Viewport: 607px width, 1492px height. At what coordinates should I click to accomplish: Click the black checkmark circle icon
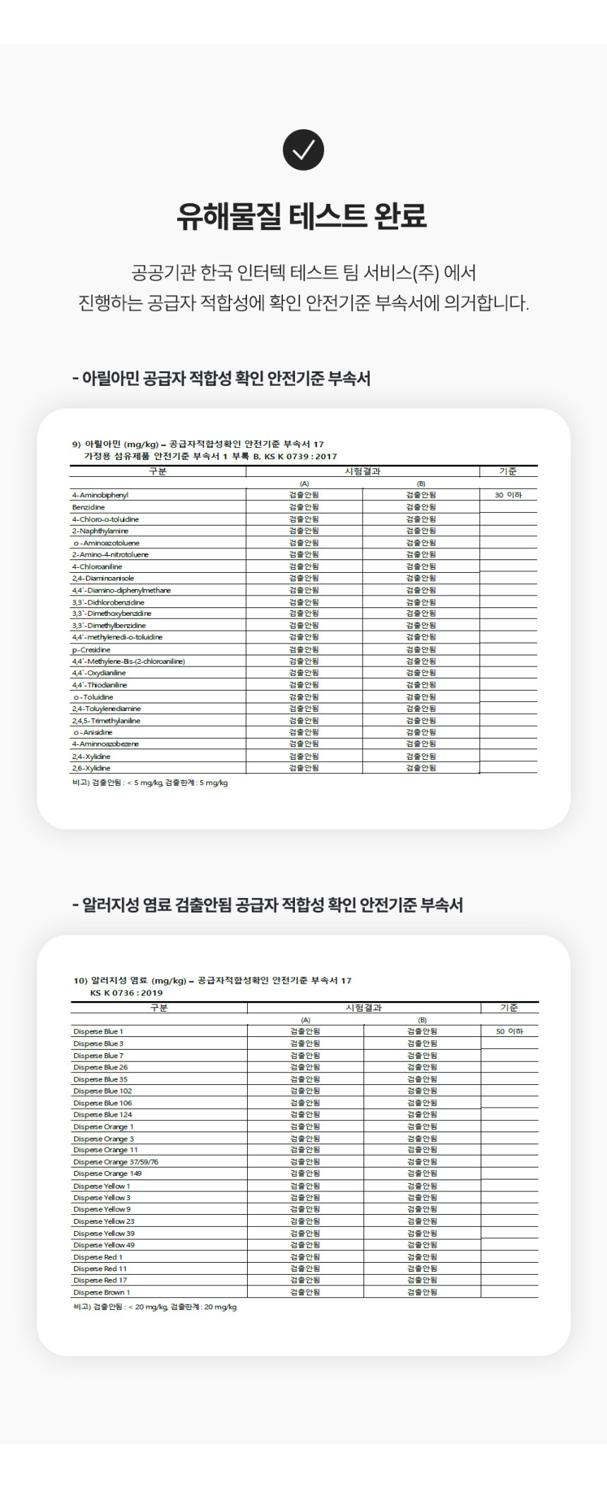pyautogui.click(x=303, y=150)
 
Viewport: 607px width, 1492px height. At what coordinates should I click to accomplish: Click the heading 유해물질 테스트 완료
pyautogui.click(x=302, y=216)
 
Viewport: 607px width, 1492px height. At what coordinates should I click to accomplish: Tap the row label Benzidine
pyautogui.click(x=88, y=507)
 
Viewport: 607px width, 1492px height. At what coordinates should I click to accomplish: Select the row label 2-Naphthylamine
pyautogui.click(x=100, y=531)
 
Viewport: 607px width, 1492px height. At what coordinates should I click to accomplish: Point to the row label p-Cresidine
pyautogui.click(x=91, y=650)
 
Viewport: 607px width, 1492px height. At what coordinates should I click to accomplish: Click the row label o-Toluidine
pyautogui.click(x=93, y=697)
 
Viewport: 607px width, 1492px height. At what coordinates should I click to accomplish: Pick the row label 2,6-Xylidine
pyautogui.click(x=91, y=768)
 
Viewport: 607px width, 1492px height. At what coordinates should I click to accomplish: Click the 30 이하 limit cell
pyautogui.click(x=507, y=495)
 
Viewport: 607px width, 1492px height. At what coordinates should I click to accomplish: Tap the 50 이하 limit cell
pyautogui.click(x=509, y=1031)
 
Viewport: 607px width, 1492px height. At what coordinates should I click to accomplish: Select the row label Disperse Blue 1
pyautogui.click(x=98, y=1031)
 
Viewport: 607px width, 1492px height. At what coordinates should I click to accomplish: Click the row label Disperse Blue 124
pyautogui.click(x=102, y=1115)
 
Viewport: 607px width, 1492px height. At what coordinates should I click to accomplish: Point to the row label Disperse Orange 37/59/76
pyautogui.click(x=116, y=1162)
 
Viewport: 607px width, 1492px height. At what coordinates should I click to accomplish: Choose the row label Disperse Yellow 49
pyautogui.click(x=104, y=1245)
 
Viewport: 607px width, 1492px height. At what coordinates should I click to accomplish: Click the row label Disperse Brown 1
pyautogui.click(x=102, y=1292)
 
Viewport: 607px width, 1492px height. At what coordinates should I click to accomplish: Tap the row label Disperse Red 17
pyautogui.click(x=100, y=1280)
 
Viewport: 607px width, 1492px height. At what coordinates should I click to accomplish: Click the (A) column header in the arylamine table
pyautogui.click(x=304, y=484)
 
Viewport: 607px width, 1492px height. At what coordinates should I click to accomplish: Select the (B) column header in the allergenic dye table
pyautogui.click(x=422, y=1020)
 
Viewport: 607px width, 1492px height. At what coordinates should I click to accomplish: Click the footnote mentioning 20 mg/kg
pyautogui.click(x=155, y=1307)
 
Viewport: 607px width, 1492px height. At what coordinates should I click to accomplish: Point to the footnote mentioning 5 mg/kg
pyautogui.click(x=150, y=783)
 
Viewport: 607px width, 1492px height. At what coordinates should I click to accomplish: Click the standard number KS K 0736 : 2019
pyautogui.click(x=126, y=993)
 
